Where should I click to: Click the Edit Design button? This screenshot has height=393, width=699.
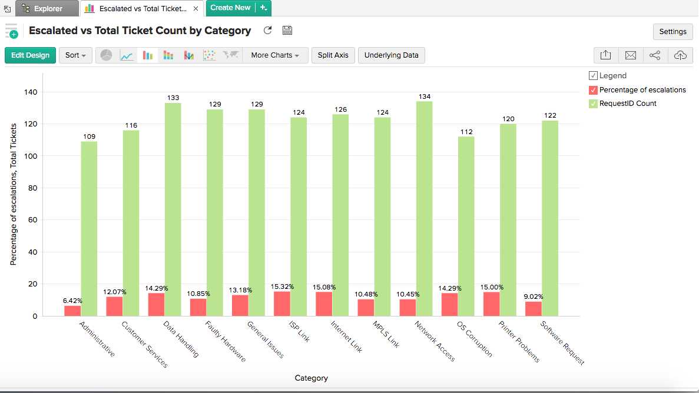(30, 55)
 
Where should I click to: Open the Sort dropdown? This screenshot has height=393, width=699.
(75, 55)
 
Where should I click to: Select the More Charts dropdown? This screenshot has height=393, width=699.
(275, 55)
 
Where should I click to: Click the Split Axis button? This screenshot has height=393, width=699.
(333, 55)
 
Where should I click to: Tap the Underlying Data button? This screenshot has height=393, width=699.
(391, 55)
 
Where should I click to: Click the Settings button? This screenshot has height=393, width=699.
(673, 32)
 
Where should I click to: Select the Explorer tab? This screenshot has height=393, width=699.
(48, 8)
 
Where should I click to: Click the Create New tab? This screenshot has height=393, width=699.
(230, 8)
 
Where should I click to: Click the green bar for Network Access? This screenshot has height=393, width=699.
(424, 208)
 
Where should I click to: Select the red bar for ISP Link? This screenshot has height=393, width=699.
(282, 304)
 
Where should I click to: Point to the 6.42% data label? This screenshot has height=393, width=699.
(72, 301)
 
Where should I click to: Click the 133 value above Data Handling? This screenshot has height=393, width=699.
(173, 98)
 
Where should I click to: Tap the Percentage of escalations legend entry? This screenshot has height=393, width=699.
(642, 90)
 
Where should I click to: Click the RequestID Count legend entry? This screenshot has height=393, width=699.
(628, 104)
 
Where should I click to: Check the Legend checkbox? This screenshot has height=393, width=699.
(593, 76)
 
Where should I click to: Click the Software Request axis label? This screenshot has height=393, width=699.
(562, 344)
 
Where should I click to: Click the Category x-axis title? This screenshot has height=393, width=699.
(311, 378)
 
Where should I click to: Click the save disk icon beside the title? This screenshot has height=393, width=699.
(287, 31)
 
